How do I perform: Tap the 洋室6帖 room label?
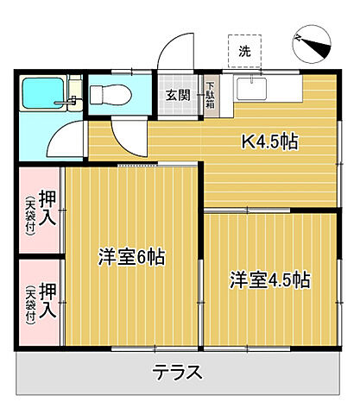coord(131,256)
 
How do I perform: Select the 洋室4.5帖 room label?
coord(269,279)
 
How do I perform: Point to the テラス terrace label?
coord(178,373)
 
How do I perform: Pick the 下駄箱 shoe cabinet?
coord(211,94)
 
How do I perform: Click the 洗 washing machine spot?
coord(244,52)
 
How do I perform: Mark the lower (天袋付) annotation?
coord(31,304)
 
